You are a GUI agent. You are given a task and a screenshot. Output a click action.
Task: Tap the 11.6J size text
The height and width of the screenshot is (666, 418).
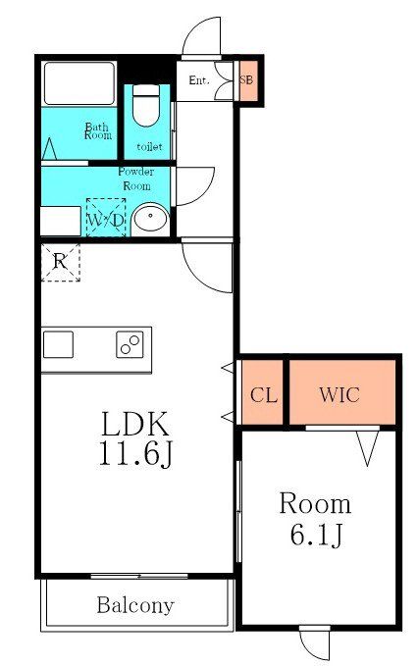[x=136, y=454]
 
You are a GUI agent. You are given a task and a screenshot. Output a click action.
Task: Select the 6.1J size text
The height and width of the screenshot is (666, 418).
[x=315, y=535]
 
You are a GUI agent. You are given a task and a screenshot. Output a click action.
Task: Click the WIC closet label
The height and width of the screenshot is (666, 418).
[x=339, y=395]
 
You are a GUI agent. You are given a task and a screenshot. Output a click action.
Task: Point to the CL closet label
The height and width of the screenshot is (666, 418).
[x=263, y=395]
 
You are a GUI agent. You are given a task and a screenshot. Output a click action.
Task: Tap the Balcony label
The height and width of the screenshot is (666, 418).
[x=135, y=605]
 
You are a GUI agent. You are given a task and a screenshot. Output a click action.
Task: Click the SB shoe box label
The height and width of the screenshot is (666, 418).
[x=246, y=81]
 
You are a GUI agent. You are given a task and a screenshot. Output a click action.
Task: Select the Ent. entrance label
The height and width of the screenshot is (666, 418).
[x=199, y=80]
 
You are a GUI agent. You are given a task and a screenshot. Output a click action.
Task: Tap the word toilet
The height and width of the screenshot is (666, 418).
[x=149, y=146]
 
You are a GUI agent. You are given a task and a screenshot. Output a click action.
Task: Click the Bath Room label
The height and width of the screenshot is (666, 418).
[x=97, y=130]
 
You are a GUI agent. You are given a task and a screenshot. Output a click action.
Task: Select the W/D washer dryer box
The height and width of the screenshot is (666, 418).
[x=106, y=219]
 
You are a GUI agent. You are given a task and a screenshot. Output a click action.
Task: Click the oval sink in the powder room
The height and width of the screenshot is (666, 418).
[x=149, y=220]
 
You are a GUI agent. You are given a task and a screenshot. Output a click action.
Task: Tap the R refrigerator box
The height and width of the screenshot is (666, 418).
[x=60, y=261]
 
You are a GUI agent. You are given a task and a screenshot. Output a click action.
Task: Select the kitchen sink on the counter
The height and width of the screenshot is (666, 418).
[x=59, y=345]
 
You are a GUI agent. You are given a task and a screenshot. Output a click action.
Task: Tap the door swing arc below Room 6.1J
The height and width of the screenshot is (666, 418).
[x=315, y=644]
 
